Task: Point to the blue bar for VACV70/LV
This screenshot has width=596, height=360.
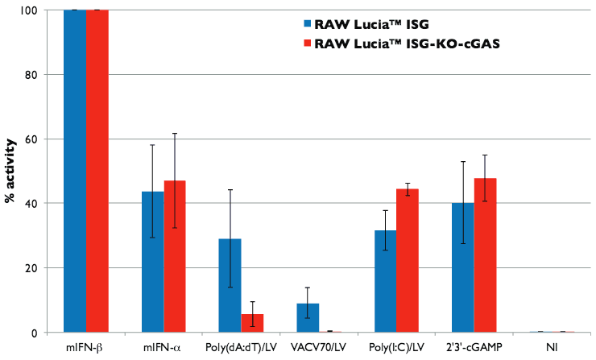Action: [308, 317]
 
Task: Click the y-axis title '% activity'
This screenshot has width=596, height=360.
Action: [10, 171]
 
